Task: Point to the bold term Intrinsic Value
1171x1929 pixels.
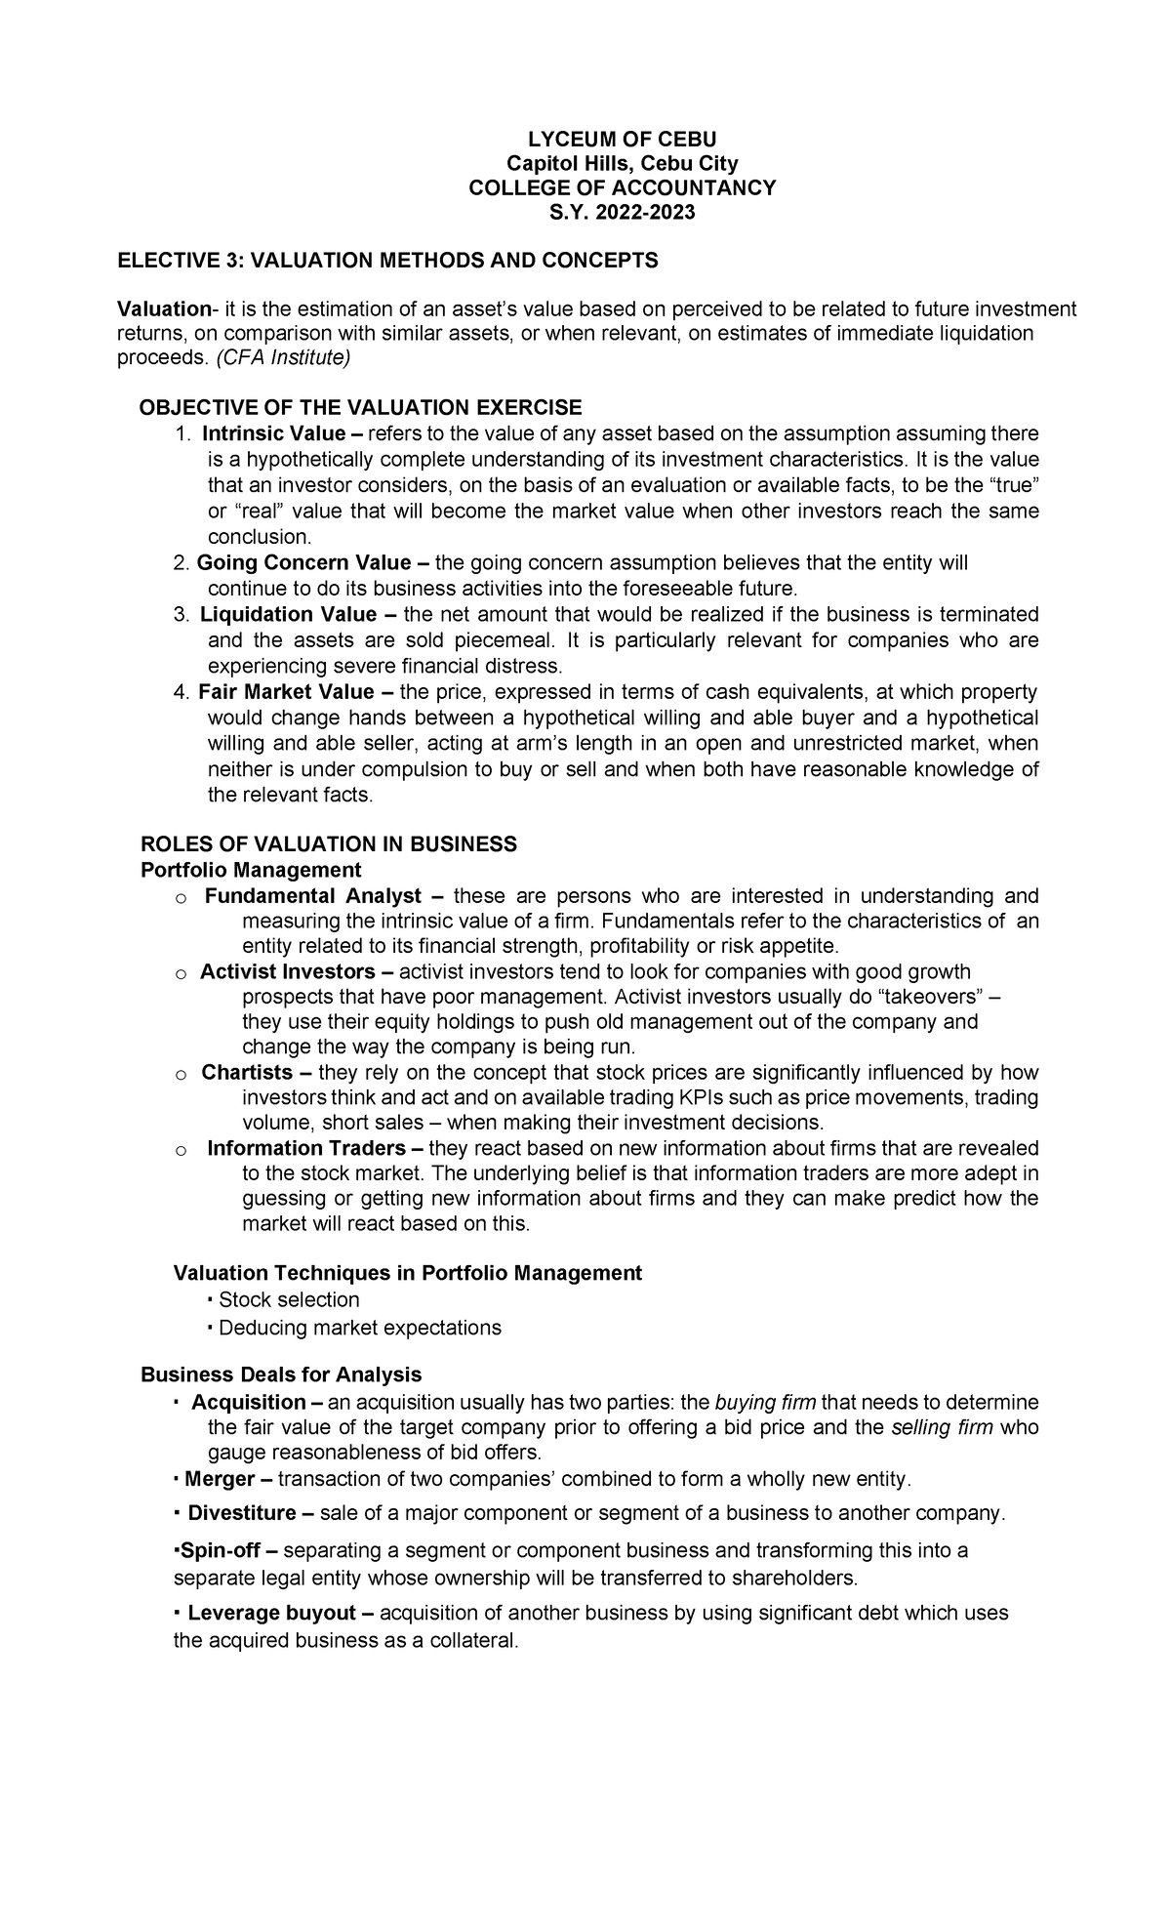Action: click(x=274, y=433)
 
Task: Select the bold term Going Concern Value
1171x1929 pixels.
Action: click(x=303, y=562)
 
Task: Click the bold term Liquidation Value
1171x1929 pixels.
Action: click(x=288, y=614)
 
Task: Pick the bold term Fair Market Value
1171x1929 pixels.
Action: click(x=286, y=692)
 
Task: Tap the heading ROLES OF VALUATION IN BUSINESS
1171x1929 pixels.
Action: click(x=329, y=844)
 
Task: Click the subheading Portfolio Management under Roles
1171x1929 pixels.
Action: click(x=251, y=870)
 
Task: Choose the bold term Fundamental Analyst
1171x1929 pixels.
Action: click(x=313, y=896)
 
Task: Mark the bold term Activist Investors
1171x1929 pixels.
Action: click(x=287, y=972)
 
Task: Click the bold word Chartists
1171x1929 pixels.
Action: click(x=247, y=1073)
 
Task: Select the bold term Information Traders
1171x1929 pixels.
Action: click(x=306, y=1148)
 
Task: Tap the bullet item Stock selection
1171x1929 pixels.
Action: click(x=289, y=1300)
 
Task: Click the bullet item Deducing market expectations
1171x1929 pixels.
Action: click(x=359, y=1328)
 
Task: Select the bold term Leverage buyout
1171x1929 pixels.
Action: click(x=270, y=1613)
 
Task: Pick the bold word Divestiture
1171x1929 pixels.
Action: click(x=242, y=1513)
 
